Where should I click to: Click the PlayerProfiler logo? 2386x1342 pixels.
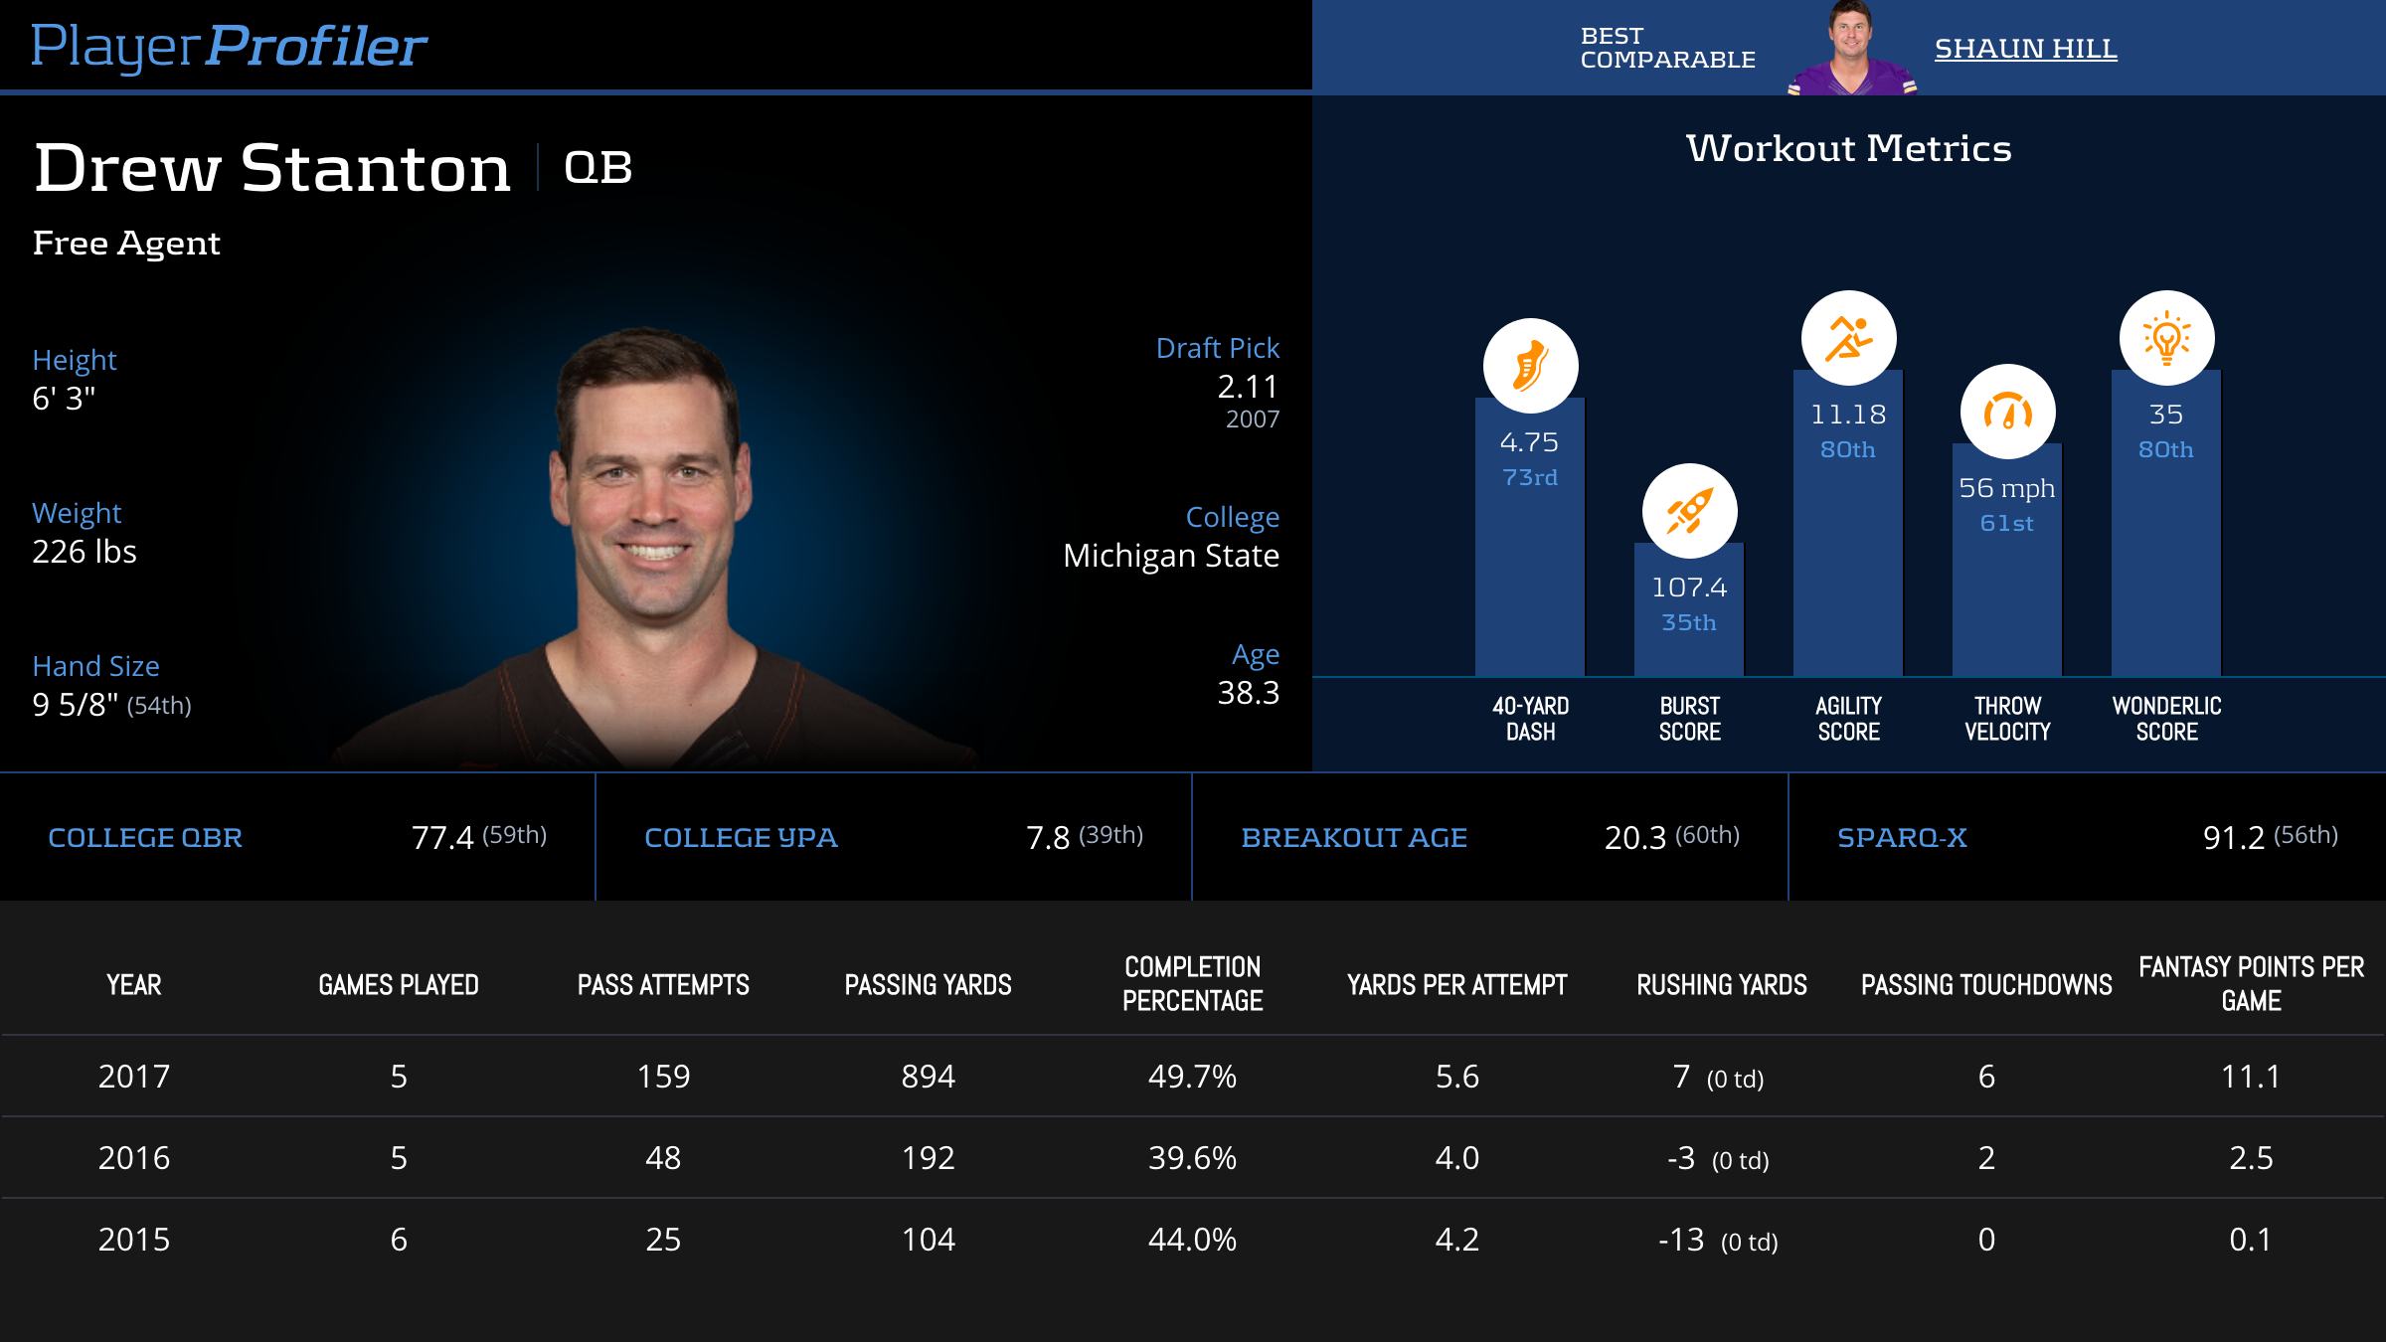[229, 46]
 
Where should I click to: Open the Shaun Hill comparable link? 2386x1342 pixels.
[2025, 49]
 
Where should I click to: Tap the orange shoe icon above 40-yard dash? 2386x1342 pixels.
[1530, 366]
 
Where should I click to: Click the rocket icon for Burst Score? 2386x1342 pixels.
[1689, 511]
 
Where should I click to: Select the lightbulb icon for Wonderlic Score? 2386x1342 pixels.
[2166, 338]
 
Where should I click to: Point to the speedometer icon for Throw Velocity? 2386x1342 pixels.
[2007, 412]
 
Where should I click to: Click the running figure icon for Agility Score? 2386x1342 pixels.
[1848, 338]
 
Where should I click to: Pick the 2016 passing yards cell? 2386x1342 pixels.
[928, 1158]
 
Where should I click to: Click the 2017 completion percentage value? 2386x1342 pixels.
[1192, 1077]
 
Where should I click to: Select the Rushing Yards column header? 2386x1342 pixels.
[1722, 985]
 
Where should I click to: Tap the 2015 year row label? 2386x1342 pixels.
[134, 1240]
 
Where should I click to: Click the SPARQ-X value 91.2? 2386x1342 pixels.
[2233, 838]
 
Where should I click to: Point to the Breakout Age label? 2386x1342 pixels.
[1354, 838]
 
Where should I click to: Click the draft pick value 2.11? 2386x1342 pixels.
[1248, 387]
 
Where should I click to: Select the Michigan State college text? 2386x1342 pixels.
[1171, 556]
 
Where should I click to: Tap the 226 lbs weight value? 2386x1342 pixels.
[85, 552]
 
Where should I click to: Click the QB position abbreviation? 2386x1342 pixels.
[597, 167]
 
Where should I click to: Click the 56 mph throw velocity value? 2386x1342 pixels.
[2006, 488]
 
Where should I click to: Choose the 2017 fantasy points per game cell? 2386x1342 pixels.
[2251, 1077]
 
